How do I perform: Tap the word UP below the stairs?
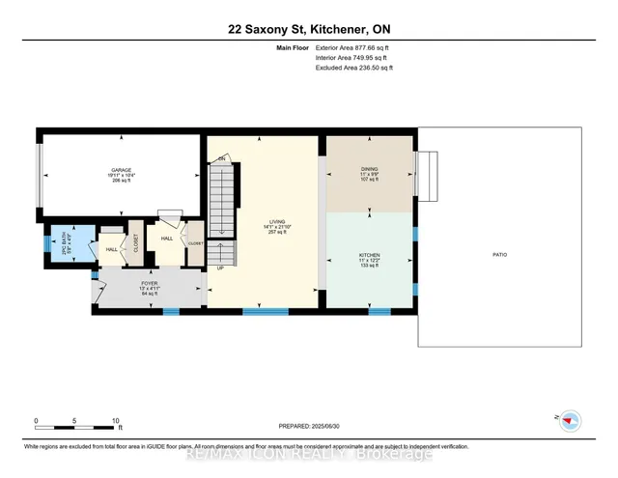click(219, 267)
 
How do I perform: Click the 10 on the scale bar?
click(116, 422)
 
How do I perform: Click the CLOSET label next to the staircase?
click(195, 243)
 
